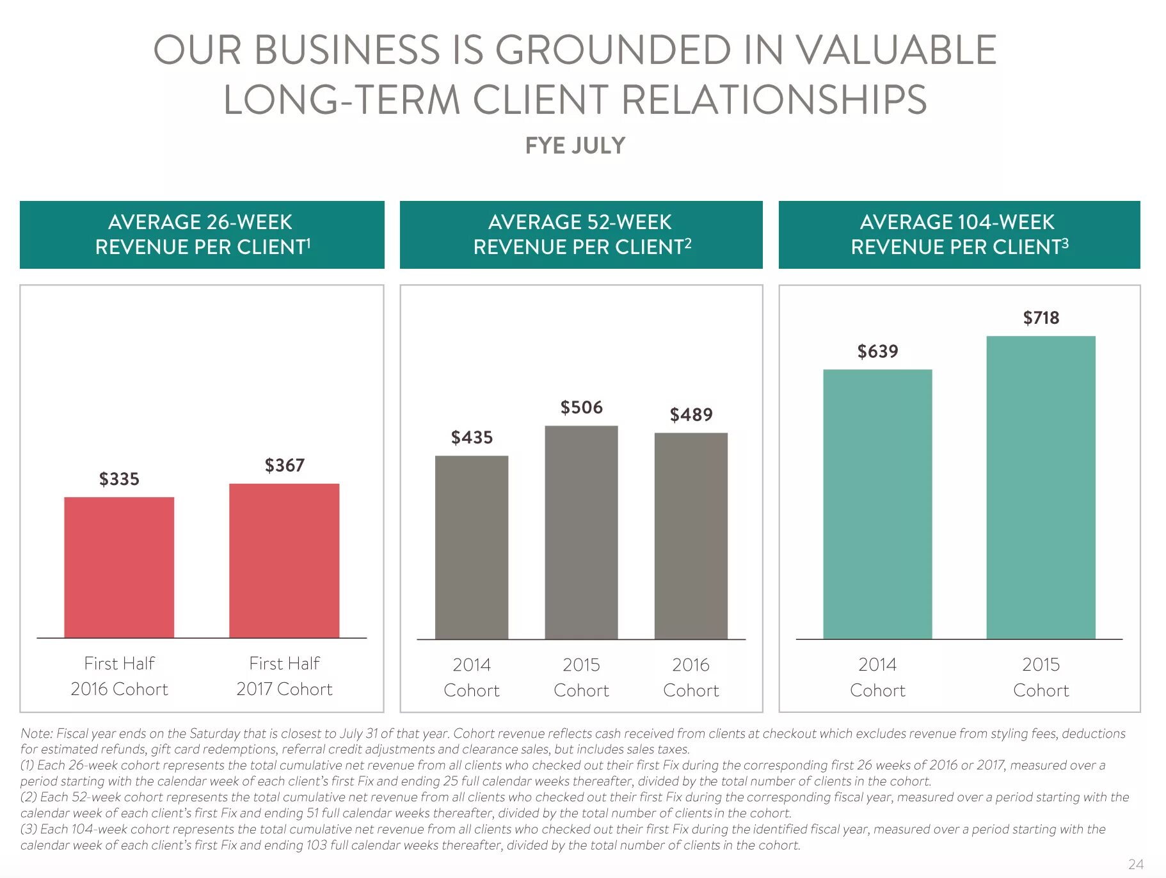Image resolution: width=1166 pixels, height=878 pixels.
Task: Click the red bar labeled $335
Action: tap(119, 567)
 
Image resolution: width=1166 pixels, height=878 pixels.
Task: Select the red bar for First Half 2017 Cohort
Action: tap(284, 561)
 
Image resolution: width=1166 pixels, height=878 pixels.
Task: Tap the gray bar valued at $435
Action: tap(472, 547)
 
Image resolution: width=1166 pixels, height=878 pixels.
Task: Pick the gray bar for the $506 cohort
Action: tap(581, 532)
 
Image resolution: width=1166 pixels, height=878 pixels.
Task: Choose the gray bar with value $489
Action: tap(691, 536)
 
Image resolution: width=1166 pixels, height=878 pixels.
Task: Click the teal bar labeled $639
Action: tap(877, 504)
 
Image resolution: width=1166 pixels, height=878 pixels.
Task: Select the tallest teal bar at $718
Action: tap(1041, 487)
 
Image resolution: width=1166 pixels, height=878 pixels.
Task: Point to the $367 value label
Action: tap(285, 465)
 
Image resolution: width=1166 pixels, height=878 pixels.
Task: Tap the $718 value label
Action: tap(1041, 318)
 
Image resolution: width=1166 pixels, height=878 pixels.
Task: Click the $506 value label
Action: tap(581, 408)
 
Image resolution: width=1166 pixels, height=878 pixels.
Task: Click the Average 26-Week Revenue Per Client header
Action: tap(202, 234)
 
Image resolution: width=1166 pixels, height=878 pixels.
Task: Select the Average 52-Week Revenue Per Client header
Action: tap(581, 234)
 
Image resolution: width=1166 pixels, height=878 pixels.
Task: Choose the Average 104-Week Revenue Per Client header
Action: tap(959, 234)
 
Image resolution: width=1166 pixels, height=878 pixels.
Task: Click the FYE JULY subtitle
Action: tap(575, 146)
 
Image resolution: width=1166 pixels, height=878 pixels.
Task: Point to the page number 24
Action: tap(1135, 864)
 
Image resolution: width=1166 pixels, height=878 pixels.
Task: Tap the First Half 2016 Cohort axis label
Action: tap(119, 676)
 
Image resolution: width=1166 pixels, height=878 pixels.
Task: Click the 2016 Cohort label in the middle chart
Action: tap(691, 678)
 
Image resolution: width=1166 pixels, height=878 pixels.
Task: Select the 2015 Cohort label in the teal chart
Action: tap(1041, 678)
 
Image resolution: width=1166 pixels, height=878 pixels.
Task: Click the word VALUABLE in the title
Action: tap(896, 50)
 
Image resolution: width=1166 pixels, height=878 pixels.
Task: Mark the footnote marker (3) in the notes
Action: tap(29, 829)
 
